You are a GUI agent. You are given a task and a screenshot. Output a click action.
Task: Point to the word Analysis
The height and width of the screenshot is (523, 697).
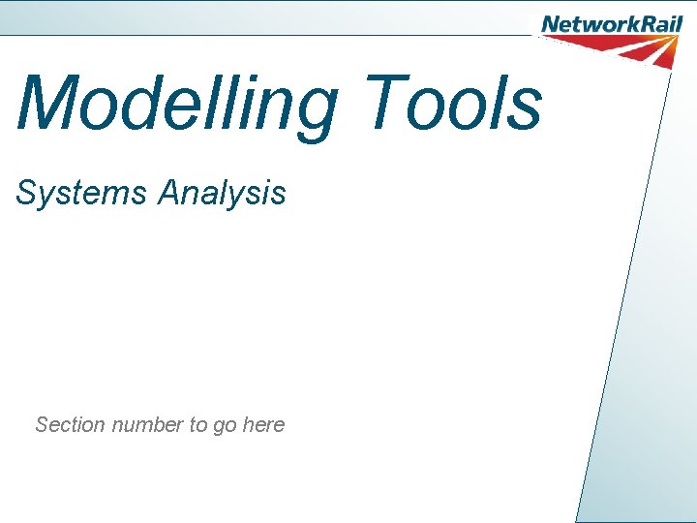[223, 193]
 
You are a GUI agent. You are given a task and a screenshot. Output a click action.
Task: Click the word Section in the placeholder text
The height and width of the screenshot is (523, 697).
[70, 424]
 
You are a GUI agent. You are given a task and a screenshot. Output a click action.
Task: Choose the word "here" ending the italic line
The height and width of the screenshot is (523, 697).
[263, 424]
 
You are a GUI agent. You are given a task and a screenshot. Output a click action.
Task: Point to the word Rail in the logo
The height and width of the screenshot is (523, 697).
[657, 25]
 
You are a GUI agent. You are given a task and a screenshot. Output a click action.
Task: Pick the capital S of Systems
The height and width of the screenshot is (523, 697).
[25, 193]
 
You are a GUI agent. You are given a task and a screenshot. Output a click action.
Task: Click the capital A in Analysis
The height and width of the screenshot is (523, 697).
[170, 193]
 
